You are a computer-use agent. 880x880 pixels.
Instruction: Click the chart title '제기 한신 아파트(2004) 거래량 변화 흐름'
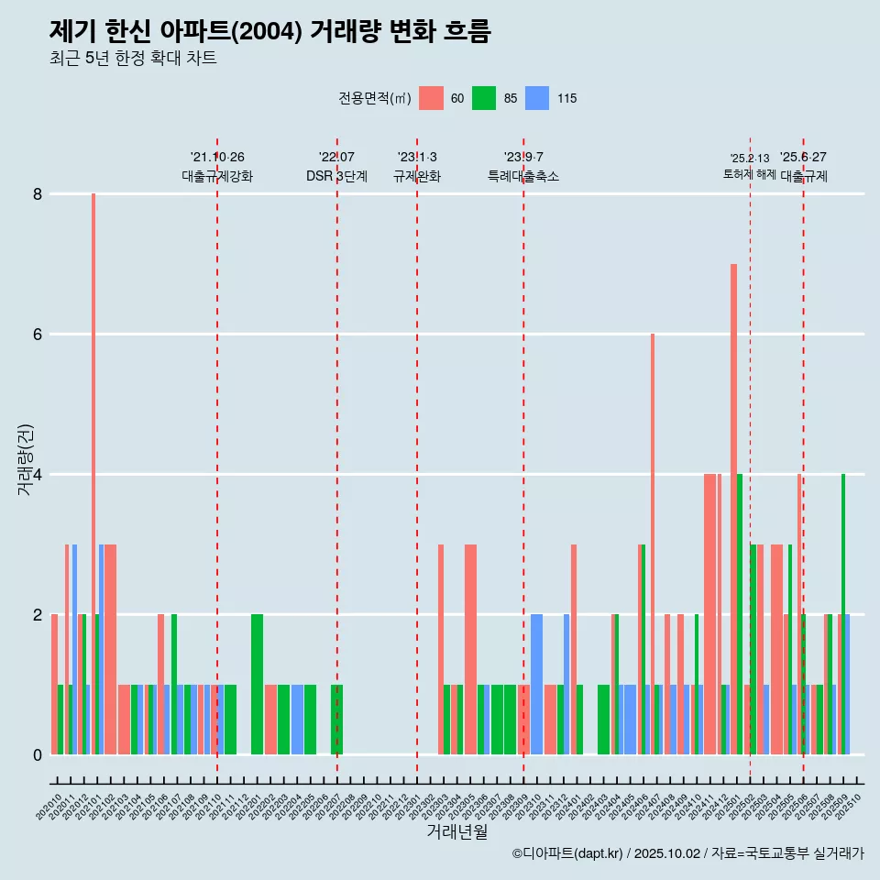click(270, 31)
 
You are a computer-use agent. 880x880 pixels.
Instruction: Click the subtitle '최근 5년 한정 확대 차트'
click(133, 59)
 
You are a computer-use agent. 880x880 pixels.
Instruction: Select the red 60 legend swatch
click(431, 98)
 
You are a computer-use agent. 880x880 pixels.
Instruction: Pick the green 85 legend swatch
click(484, 98)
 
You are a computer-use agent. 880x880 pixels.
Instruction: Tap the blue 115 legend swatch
click(537, 98)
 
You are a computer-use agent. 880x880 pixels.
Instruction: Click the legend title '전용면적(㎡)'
click(375, 98)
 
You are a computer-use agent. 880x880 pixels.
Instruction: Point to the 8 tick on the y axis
click(38, 194)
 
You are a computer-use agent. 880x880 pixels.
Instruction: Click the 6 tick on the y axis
click(38, 335)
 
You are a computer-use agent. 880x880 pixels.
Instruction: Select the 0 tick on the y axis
click(38, 754)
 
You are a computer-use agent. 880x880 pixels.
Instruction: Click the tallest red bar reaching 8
click(93, 458)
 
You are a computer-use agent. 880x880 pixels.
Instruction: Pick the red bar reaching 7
click(733, 504)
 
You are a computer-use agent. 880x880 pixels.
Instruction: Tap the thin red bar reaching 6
click(653, 541)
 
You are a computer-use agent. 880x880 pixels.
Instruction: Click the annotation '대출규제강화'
click(217, 176)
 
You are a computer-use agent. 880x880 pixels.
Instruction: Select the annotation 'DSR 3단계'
click(336, 176)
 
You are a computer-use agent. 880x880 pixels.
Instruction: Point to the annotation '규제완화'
click(417, 176)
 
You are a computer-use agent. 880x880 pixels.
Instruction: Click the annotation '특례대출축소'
click(523, 176)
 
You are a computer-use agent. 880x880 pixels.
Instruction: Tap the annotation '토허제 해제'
click(750, 174)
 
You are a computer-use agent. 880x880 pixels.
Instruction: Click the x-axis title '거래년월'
click(456, 831)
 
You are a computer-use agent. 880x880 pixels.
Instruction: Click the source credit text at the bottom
click(687, 853)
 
